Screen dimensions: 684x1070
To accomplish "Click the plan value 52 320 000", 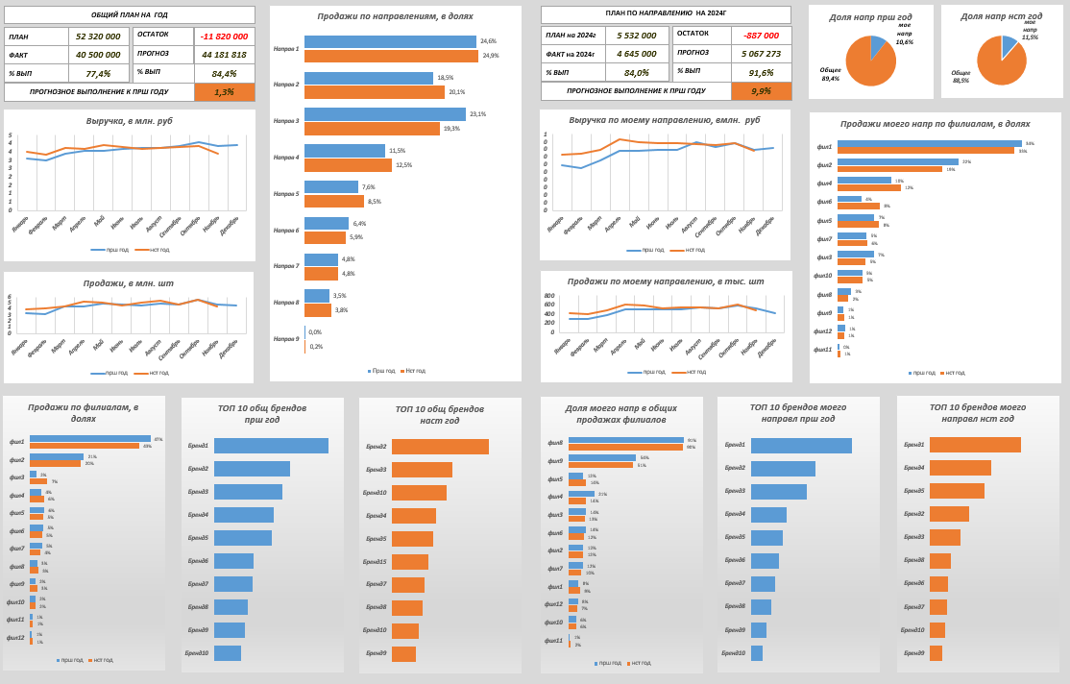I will [98, 37].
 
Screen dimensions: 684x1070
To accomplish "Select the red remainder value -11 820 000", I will [225, 36].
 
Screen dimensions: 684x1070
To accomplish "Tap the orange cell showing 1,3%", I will [224, 92].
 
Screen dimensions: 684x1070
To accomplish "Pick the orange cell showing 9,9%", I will [761, 91].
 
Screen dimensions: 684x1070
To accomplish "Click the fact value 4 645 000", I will [637, 54].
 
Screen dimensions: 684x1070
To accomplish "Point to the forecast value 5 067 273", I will [761, 54].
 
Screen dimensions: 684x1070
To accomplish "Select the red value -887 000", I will [761, 35].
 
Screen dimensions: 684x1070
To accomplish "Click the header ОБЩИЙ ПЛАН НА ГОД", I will [130, 14].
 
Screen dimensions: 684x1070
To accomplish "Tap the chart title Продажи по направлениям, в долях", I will [395, 16].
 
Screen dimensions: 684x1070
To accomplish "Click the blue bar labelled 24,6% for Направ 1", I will [390, 42].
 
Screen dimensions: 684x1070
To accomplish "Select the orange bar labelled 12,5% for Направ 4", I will [348, 165].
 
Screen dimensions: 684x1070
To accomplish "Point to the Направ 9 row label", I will [286, 339].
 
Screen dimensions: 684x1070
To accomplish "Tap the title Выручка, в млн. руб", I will [130, 121].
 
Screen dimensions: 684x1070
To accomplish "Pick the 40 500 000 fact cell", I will [98, 55].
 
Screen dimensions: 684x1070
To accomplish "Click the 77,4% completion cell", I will [98, 73].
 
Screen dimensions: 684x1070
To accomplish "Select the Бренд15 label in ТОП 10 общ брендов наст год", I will [375, 562].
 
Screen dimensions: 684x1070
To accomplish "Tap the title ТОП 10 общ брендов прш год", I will [262, 414].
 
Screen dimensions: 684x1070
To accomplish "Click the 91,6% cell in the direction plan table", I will [761, 72].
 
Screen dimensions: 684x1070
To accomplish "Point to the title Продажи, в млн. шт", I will [129, 283].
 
